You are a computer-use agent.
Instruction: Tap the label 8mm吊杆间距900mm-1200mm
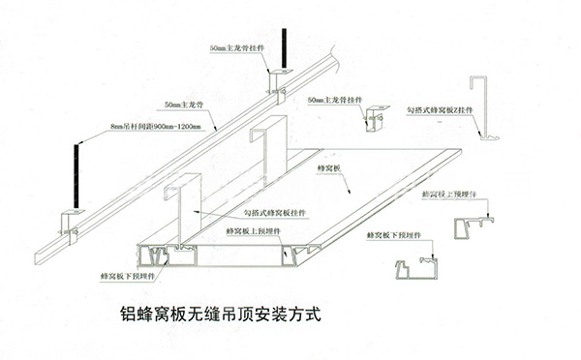(x=155, y=127)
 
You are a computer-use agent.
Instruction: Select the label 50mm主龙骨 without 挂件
(x=182, y=104)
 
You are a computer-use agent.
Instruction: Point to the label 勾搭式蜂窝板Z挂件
(x=442, y=109)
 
